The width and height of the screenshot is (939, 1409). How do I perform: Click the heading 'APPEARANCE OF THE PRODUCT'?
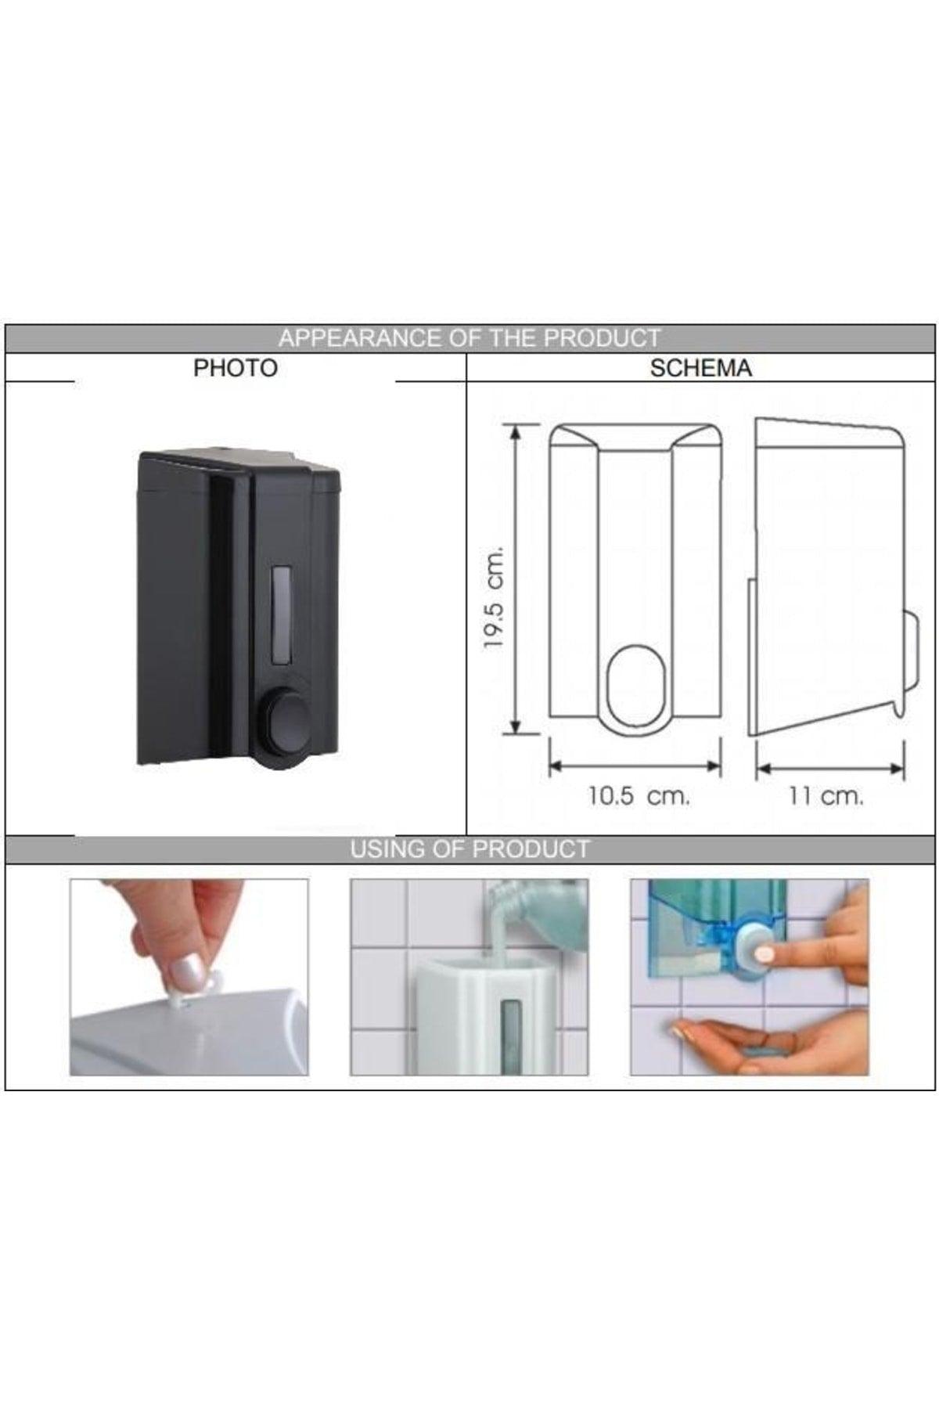pos(469,338)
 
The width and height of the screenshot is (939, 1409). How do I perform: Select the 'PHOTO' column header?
pos(236,368)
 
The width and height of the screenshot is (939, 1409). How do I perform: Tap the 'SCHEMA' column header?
pos(700,368)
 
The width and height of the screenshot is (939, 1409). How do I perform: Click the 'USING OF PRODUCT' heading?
pos(469,849)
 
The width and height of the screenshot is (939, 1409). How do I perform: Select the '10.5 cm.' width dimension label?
pos(639,797)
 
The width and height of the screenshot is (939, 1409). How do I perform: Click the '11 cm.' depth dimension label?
pos(826,797)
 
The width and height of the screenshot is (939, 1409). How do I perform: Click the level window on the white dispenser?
pos(512,1033)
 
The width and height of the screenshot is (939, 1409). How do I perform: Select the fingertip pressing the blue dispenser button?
pos(765,954)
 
